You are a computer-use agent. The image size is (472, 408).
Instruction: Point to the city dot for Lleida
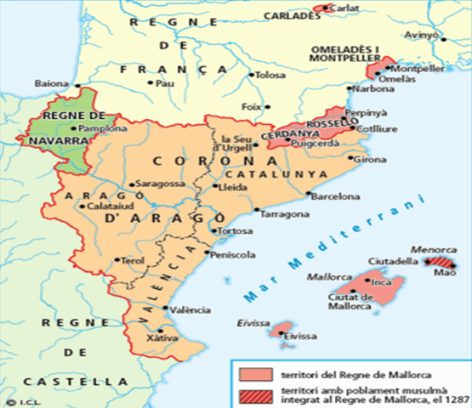click(x=214, y=186)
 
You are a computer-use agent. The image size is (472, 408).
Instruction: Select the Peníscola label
click(x=233, y=254)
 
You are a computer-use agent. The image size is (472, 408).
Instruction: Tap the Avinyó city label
click(x=421, y=37)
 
